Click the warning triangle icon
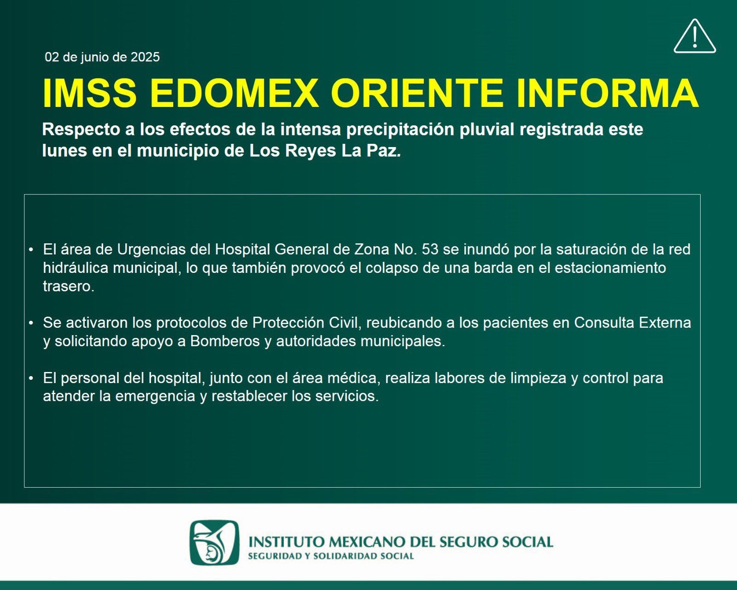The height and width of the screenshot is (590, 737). point(695,37)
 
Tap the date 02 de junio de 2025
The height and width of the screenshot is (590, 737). point(102,57)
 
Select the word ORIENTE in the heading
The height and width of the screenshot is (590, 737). point(417,93)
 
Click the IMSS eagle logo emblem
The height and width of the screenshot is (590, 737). point(214,543)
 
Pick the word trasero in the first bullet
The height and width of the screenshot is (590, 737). point(69,286)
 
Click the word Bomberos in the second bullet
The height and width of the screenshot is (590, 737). point(225,341)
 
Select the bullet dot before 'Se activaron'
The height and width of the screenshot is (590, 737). point(31,323)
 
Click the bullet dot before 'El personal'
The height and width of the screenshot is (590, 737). point(31,378)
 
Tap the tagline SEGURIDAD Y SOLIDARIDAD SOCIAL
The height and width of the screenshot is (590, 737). point(331,556)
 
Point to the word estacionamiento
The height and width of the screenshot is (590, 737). point(610,268)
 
